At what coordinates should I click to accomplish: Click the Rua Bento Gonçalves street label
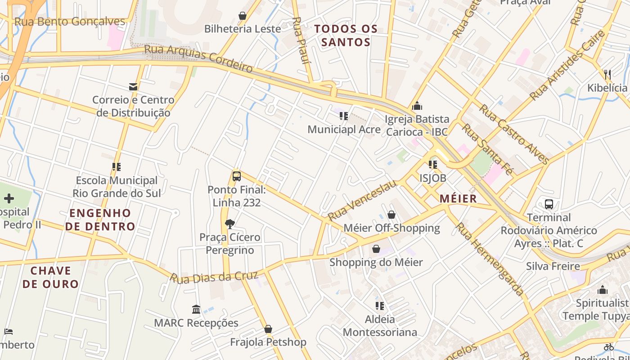pos(70,22)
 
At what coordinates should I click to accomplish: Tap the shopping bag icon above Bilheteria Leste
pos(243,16)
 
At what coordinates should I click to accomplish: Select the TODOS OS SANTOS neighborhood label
pos(346,36)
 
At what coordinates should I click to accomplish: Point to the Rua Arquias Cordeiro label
pos(198,58)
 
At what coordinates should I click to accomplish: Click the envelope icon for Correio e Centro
pos(133,86)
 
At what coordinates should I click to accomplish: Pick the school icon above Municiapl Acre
pos(344,116)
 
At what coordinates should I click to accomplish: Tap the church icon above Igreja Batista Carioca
pos(417,106)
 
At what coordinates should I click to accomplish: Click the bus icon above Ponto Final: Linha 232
pos(237,176)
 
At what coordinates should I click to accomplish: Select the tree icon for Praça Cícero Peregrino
pos(230,224)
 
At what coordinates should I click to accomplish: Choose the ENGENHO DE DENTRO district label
pos(100,220)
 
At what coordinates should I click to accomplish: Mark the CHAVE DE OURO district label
pos(50,277)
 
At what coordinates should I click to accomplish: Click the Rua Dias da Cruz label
pos(214,277)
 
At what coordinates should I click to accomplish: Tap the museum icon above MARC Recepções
pos(196,310)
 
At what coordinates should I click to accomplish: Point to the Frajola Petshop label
pos(268,342)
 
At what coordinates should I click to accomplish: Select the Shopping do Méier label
pos(376,262)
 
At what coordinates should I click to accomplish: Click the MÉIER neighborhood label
pos(458,198)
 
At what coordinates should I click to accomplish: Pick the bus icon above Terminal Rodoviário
pos(549,204)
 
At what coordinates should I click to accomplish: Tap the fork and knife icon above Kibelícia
pos(607,74)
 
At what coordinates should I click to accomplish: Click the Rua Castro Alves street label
pos(513,134)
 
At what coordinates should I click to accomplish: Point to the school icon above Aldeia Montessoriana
pos(380,306)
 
